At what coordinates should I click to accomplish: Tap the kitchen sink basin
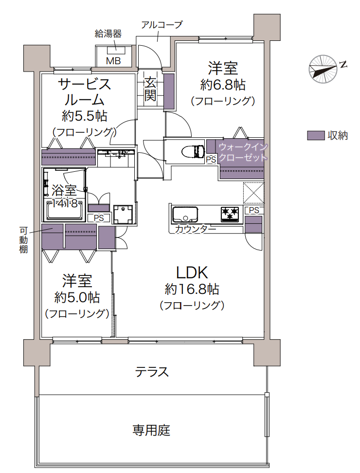(x=185, y=215)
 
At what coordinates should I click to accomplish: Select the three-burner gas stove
(x=231, y=214)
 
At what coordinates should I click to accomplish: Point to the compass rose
(x=323, y=69)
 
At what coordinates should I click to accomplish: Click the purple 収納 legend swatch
(x=316, y=135)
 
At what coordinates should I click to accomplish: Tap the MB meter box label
(x=113, y=61)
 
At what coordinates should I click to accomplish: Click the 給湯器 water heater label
(x=108, y=34)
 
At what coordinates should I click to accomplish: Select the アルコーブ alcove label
(x=162, y=25)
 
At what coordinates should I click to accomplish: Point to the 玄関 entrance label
(x=150, y=89)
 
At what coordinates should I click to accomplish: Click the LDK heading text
(x=192, y=273)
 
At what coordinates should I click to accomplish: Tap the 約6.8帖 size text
(x=223, y=85)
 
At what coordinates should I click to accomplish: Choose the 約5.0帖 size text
(x=77, y=298)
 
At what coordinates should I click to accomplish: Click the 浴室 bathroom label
(x=64, y=190)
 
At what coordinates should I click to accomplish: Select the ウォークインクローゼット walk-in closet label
(x=243, y=152)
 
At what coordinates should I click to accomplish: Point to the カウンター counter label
(x=196, y=229)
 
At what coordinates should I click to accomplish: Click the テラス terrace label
(x=152, y=372)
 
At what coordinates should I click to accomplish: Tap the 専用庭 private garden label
(x=151, y=430)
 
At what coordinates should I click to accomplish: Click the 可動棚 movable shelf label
(x=23, y=240)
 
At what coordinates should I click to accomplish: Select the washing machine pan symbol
(x=123, y=214)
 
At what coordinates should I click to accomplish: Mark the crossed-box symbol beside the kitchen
(x=253, y=193)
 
